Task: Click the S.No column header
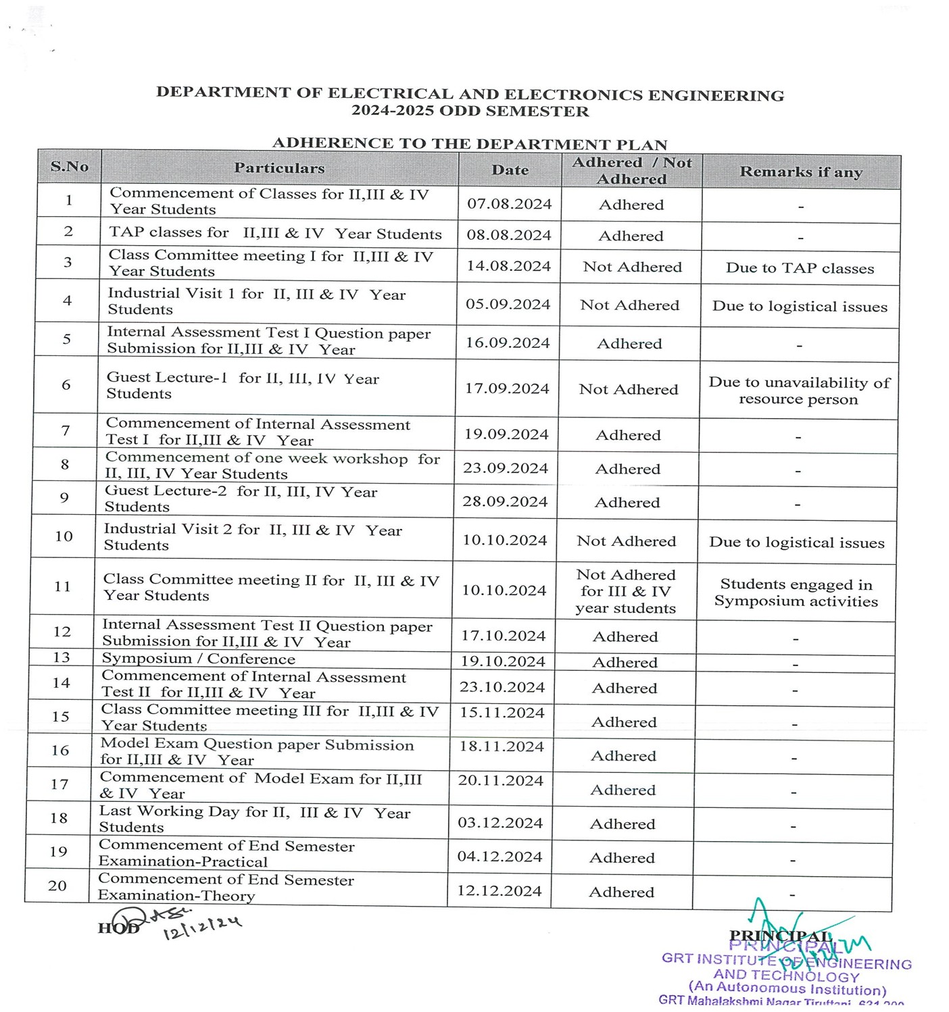(x=70, y=166)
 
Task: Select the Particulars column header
(x=279, y=168)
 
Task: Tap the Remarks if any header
(x=801, y=172)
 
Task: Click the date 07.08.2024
(x=510, y=204)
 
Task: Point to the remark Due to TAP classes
(x=800, y=268)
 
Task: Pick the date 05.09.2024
(x=508, y=304)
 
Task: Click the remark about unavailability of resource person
(x=799, y=390)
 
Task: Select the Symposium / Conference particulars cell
(x=199, y=659)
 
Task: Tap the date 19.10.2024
(x=503, y=661)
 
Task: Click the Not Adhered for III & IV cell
(x=626, y=591)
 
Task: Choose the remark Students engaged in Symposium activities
(x=796, y=592)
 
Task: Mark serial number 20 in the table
(x=57, y=886)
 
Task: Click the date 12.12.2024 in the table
(x=500, y=891)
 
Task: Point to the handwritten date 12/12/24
(x=202, y=928)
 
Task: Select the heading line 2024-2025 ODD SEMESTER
(x=470, y=111)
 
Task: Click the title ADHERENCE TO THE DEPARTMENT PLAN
(x=470, y=144)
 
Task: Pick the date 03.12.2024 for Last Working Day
(x=500, y=823)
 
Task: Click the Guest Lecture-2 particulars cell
(x=241, y=499)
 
